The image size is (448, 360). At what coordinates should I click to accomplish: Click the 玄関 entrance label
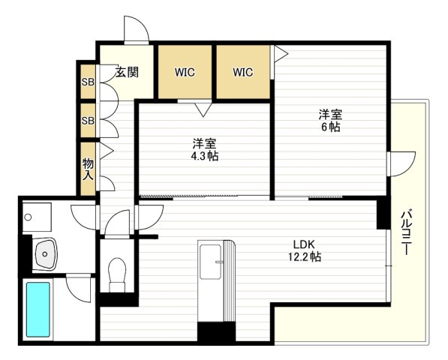click(x=127, y=73)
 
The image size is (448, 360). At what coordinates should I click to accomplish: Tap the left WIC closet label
click(x=185, y=73)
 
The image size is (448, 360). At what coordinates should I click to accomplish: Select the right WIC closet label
click(x=242, y=73)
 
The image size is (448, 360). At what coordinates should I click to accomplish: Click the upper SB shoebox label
click(x=88, y=82)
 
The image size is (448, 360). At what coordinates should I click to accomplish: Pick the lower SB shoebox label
click(x=88, y=120)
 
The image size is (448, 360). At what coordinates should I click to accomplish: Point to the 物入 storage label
click(x=88, y=168)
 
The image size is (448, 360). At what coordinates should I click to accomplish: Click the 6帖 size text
click(x=330, y=128)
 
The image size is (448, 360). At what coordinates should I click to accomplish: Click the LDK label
click(x=304, y=243)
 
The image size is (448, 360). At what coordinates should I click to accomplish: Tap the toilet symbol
click(x=118, y=274)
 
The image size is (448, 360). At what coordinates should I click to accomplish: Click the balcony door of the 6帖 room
click(x=400, y=163)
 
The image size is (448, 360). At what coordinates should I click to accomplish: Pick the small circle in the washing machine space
click(x=29, y=217)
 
